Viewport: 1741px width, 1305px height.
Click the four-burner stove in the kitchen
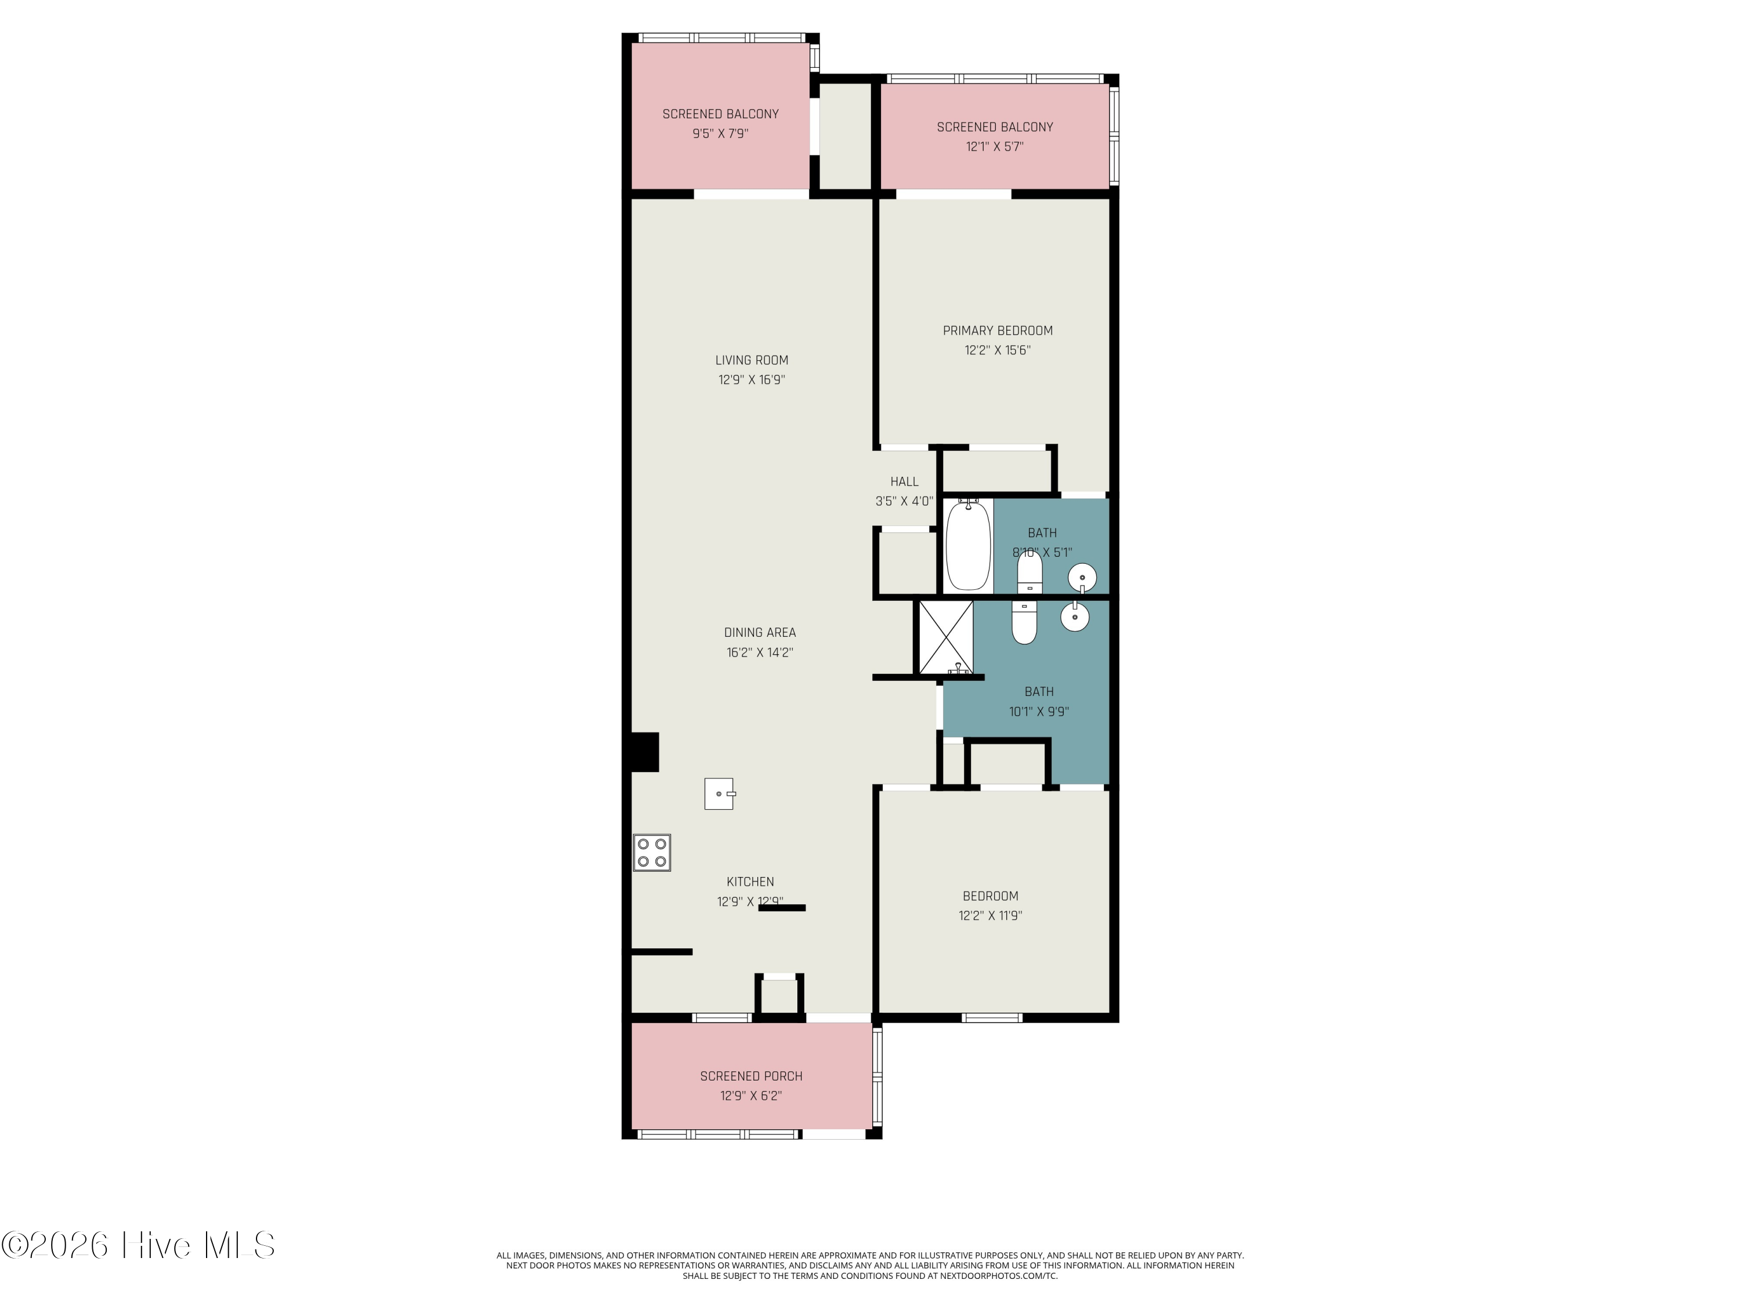pyautogui.click(x=652, y=853)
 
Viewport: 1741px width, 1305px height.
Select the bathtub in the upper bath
pyautogui.click(x=967, y=546)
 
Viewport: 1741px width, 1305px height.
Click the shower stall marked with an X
pyautogui.click(x=946, y=637)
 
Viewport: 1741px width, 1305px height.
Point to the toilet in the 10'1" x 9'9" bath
pyautogui.click(x=1024, y=622)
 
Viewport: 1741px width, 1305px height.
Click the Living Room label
pyautogui.click(x=752, y=360)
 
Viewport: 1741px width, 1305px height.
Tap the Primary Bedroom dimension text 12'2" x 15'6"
pyautogui.click(x=997, y=350)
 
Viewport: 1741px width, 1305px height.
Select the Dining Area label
pyautogui.click(x=760, y=632)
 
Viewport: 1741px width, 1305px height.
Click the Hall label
pyautogui.click(x=904, y=481)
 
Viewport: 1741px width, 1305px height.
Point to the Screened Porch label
pyautogui.click(x=752, y=1076)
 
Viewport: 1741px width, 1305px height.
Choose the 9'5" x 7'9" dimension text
pyautogui.click(x=720, y=134)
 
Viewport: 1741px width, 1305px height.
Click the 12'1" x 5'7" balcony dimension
pyautogui.click(x=995, y=146)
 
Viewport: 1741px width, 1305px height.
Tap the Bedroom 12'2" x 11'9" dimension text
pyautogui.click(x=990, y=916)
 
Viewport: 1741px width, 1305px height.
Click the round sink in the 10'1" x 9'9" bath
pyautogui.click(x=1075, y=617)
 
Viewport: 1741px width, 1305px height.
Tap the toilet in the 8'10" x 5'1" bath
pyautogui.click(x=1030, y=572)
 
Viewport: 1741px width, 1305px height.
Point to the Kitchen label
pyautogui.click(x=750, y=882)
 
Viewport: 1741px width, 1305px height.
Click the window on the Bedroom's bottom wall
pyautogui.click(x=992, y=1018)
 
